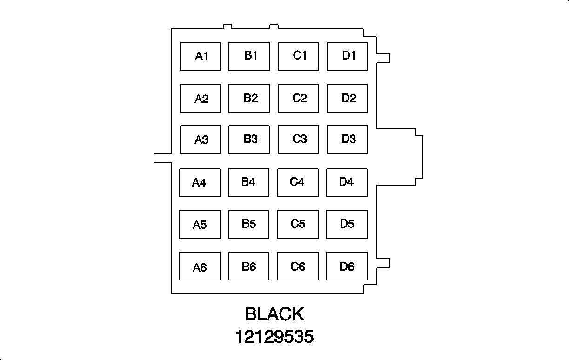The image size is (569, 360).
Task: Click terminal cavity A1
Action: (x=201, y=57)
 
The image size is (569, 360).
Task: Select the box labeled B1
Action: (x=249, y=56)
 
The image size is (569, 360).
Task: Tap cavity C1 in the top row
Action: (x=298, y=56)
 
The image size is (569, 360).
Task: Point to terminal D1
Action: (x=347, y=56)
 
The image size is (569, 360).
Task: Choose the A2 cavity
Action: (x=201, y=98)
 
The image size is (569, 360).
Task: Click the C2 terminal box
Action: (x=298, y=98)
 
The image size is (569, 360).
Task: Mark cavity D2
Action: (x=347, y=98)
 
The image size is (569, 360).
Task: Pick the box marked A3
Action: (x=201, y=140)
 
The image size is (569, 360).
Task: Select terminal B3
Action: (x=249, y=140)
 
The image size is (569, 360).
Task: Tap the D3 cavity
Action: (x=347, y=140)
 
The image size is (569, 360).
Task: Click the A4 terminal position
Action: (x=200, y=183)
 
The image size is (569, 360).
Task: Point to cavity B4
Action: (x=248, y=183)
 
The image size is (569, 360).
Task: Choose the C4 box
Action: (x=298, y=183)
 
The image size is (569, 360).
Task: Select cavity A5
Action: (x=200, y=225)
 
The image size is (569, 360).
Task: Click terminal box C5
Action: (x=298, y=224)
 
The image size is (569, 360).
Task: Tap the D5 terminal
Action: (x=347, y=224)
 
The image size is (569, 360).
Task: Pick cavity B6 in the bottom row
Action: (x=248, y=267)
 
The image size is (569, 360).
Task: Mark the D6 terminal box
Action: (x=347, y=267)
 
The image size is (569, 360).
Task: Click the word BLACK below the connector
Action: (x=274, y=314)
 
